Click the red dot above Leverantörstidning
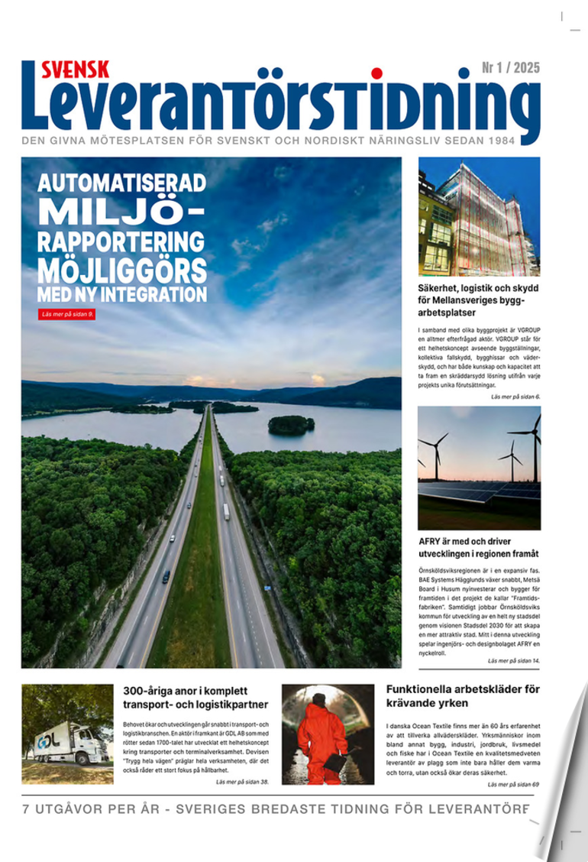tap(376, 74)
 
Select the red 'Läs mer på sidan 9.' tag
tap(67, 313)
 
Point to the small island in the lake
tap(291, 424)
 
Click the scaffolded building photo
tap(479, 216)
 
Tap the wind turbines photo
tap(479, 468)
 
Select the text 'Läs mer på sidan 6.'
tap(515, 397)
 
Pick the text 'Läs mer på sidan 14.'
tap(514, 659)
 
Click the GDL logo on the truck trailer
tap(48, 741)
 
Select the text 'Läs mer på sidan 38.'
tap(243, 782)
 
